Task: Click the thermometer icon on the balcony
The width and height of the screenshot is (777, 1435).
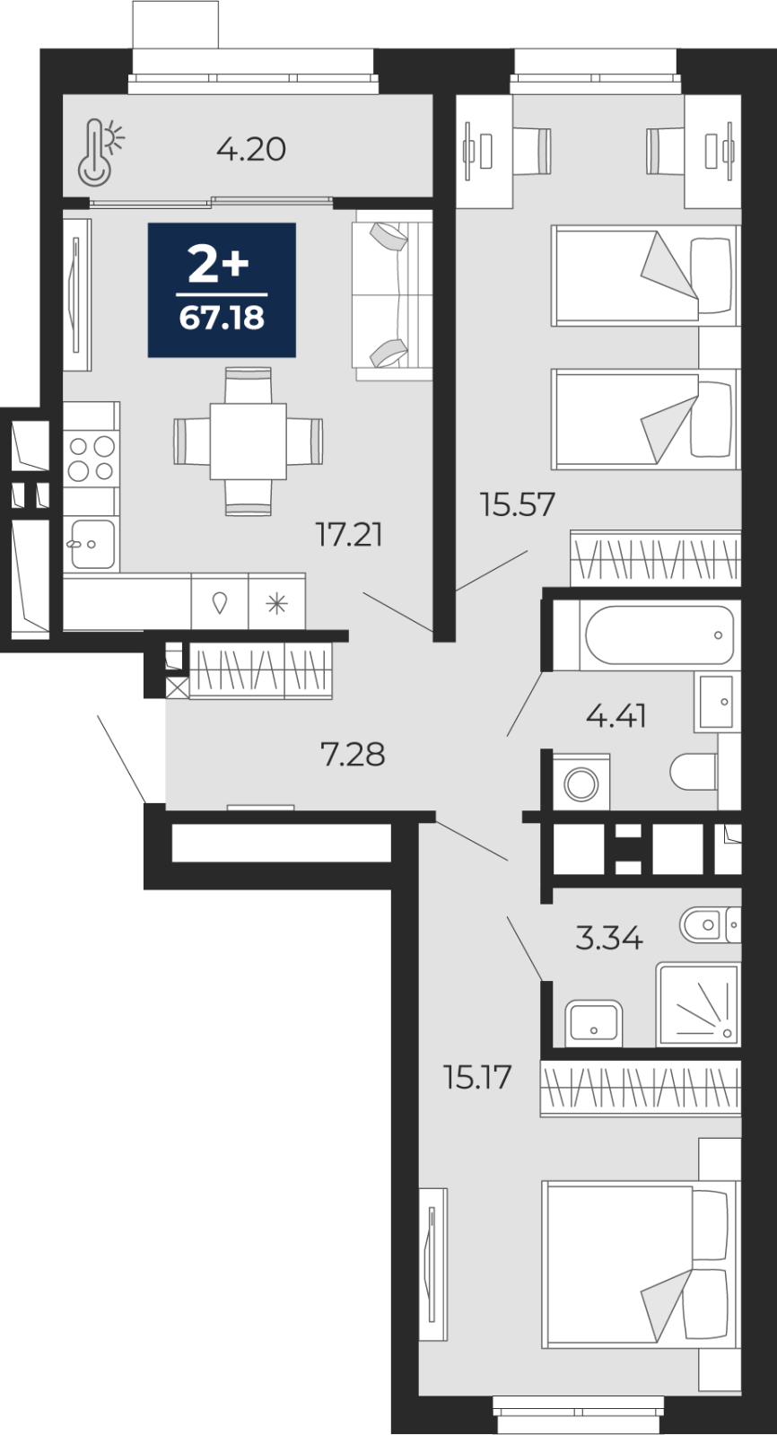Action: coord(100,153)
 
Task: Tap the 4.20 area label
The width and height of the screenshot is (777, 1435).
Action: coord(251,149)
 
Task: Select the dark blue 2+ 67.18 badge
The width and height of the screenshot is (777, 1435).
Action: coord(222,290)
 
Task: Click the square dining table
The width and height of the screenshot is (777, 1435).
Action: coord(248,441)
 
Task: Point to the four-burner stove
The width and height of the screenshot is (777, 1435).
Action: coord(91,458)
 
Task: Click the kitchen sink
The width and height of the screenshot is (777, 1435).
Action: coord(92,544)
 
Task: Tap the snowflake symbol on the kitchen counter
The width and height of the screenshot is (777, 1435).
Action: coord(276,603)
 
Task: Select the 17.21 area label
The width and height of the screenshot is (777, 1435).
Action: coord(350,534)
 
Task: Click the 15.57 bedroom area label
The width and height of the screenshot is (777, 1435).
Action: coord(518,504)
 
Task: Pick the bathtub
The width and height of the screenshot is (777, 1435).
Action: coord(659,634)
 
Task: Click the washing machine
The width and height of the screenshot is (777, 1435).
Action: coord(581,782)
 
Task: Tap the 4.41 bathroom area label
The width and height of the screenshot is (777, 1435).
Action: coord(616,715)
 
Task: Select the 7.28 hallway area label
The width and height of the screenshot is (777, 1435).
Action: coord(353,754)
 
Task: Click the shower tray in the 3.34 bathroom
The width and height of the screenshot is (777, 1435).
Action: coord(698,1004)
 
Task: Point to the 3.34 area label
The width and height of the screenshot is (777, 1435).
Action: coord(609,939)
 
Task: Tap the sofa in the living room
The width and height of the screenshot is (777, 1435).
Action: coord(392,294)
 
